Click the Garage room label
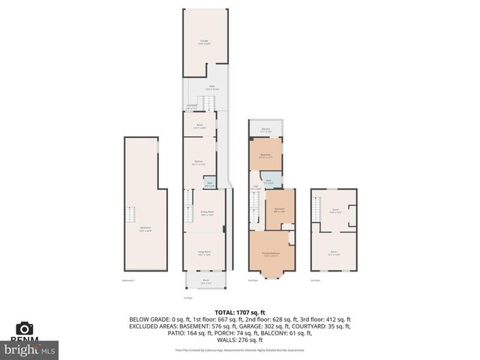tap(204, 42)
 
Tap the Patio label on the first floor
tap(212, 87)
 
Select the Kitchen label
tap(199, 163)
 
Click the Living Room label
tap(203, 253)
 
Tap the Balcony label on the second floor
tap(265, 130)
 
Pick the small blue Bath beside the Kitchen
tap(210, 184)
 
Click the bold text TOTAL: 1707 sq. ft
tap(240, 310)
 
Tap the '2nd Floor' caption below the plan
tap(253, 280)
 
